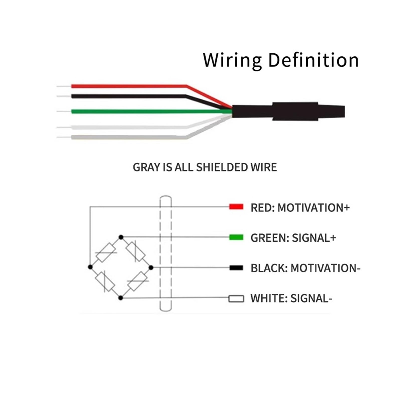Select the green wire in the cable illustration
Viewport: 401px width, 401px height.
[x=150, y=111]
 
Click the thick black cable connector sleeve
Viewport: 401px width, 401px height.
[x=288, y=111]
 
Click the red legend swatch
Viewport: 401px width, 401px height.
[x=236, y=207]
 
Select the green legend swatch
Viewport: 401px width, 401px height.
[x=236, y=237]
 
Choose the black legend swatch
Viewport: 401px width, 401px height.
[x=236, y=268]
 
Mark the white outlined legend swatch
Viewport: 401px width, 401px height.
[x=236, y=299]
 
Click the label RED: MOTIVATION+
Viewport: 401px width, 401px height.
[x=300, y=208]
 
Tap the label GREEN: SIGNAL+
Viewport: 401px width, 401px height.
[x=293, y=238]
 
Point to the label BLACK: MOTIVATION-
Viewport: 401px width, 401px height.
[x=306, y=268]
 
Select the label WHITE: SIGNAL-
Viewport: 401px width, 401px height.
[x=291, y=298]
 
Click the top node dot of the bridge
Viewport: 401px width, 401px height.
[x=121, y=237]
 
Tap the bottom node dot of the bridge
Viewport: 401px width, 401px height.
[x=121, y=298]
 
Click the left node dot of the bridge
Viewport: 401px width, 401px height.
[x=90, y=267]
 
